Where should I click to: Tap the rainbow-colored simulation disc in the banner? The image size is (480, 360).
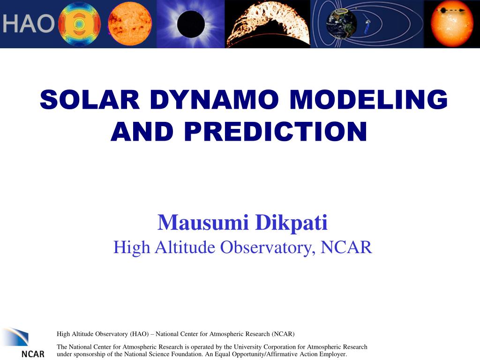click(x=79, y=24)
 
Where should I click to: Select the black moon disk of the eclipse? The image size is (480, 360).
click(x=191, y=24)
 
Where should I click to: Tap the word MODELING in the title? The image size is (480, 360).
click(x=368, y=100)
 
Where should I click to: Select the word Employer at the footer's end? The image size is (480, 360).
click(x=332, y=354)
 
